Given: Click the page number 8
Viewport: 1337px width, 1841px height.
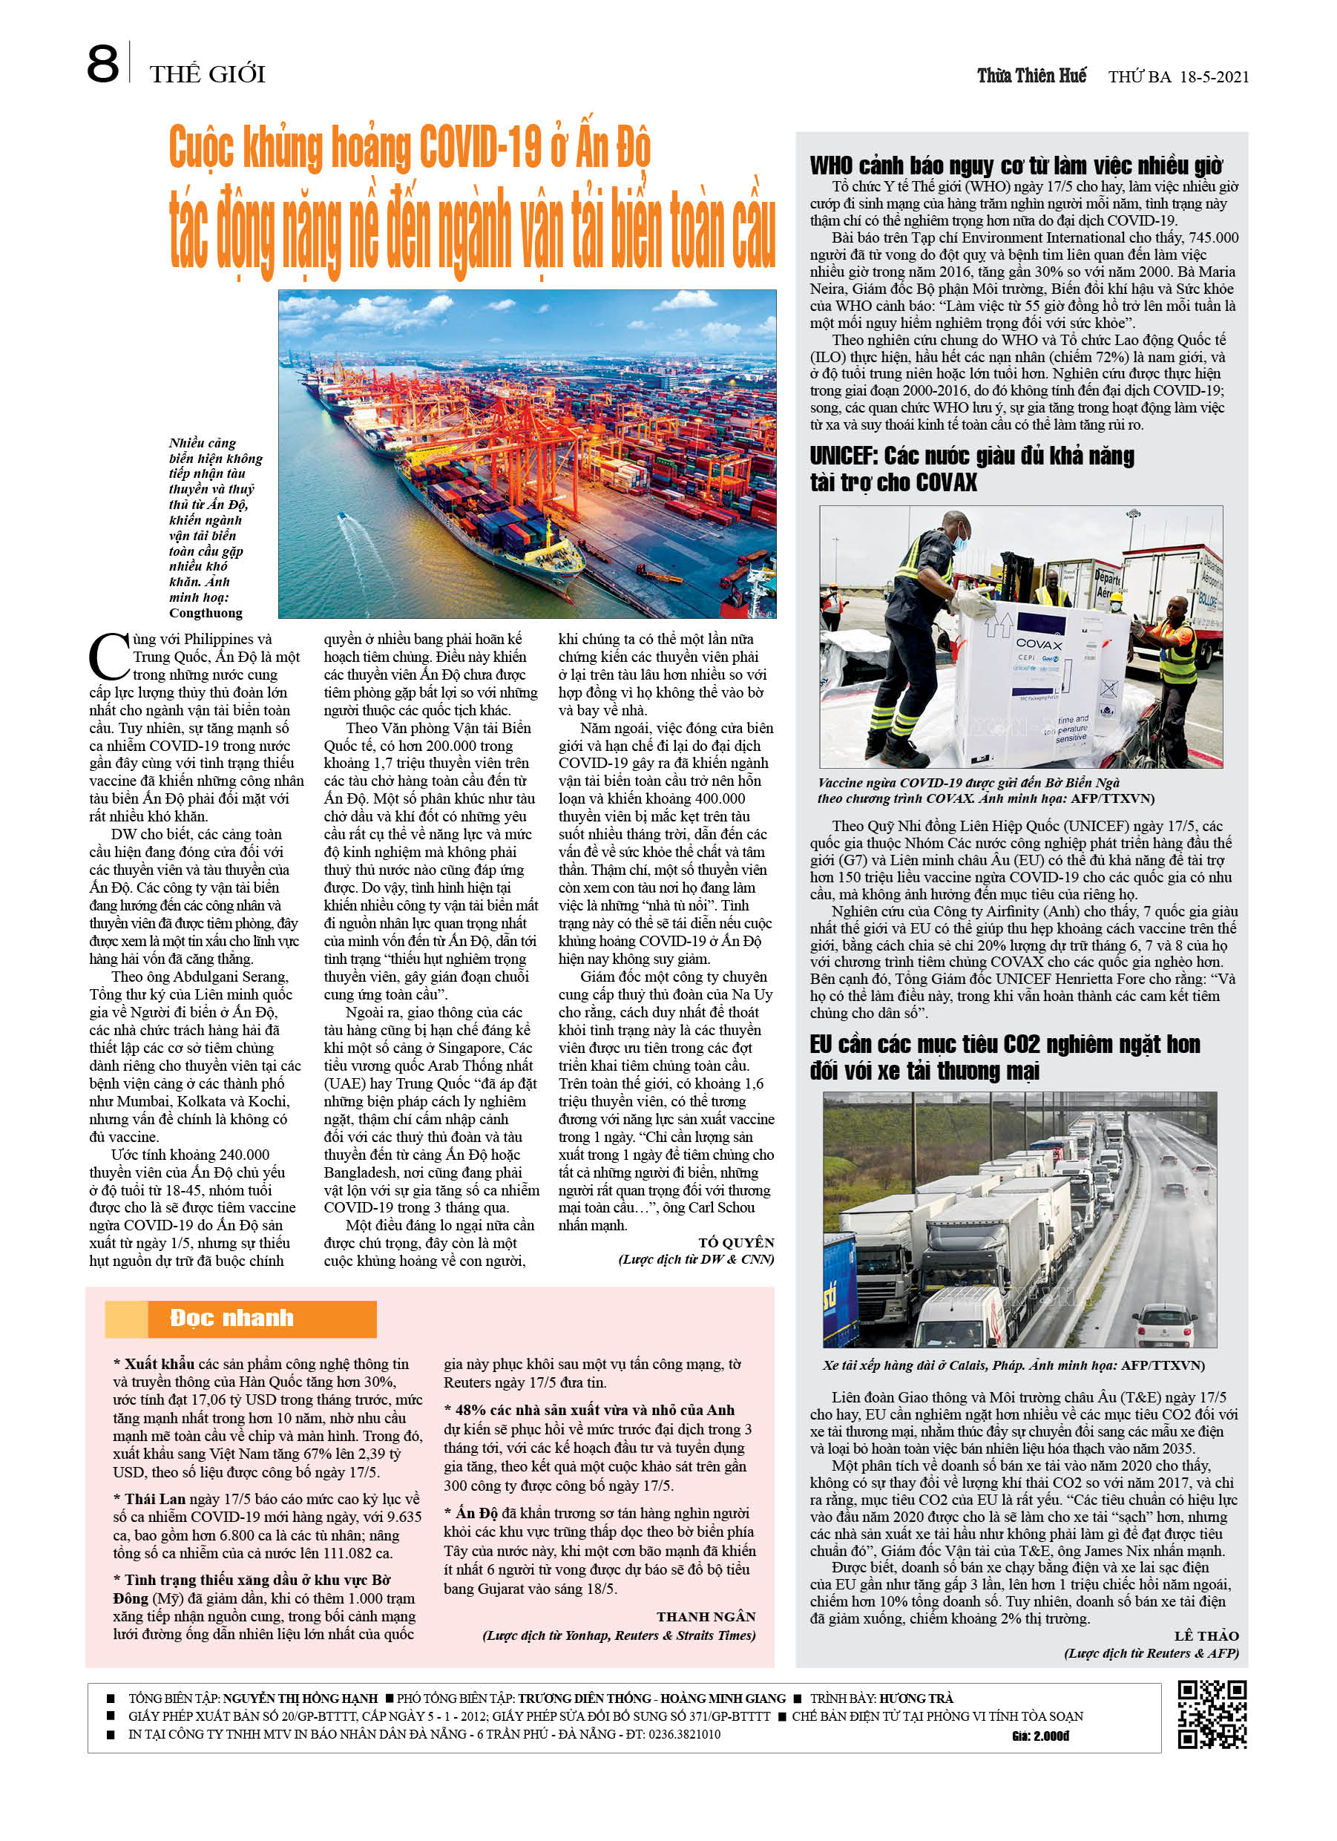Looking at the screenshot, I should click(102, 65).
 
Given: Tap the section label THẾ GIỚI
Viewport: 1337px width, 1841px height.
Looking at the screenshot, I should click(207, 75).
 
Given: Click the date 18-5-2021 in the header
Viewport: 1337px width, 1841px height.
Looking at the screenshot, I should click(1213, 77).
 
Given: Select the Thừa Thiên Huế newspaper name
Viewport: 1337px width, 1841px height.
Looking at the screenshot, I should click(1031, 76).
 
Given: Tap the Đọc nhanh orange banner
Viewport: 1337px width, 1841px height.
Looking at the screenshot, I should click(240, 1319).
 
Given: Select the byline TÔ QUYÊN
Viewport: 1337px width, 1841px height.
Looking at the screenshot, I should click(735, 1243).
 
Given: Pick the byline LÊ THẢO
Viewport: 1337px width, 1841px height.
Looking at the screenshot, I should click(1206, 1635).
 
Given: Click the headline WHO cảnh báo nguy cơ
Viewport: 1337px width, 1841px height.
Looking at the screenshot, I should click(1016, 165).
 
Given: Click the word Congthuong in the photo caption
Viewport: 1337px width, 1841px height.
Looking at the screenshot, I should click(206, 613).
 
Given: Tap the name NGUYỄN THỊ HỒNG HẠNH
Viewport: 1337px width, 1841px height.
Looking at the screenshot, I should click(300, 1698).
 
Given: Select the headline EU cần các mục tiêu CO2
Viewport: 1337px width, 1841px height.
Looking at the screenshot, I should click(1004, 1057).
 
